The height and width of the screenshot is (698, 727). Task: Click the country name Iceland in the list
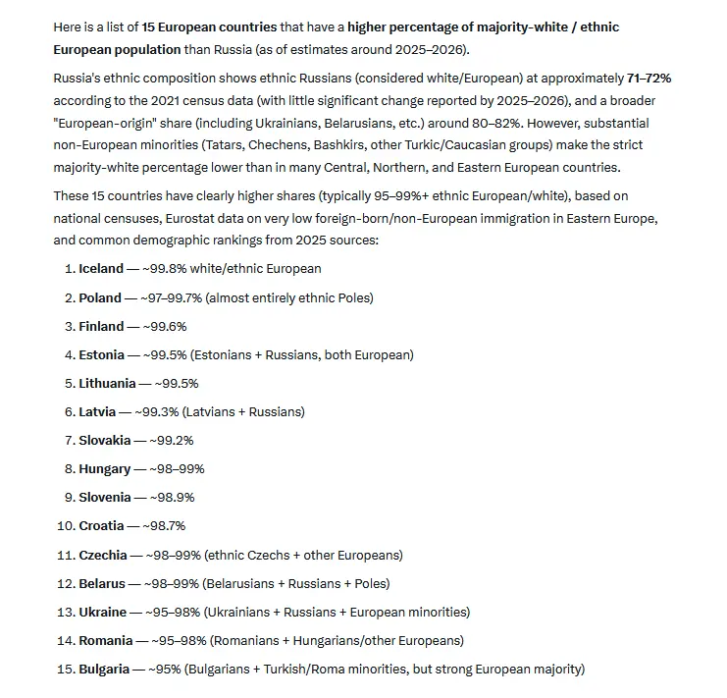[101, 268]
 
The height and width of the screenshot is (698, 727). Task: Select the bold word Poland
[100, 297]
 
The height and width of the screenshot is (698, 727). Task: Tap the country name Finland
[101, 326]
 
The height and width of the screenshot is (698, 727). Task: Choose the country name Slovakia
[105, 440]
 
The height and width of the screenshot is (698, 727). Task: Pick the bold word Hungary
[104, 469]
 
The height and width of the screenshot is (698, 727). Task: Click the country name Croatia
[102, 526]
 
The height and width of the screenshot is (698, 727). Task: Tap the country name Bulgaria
[104, 669]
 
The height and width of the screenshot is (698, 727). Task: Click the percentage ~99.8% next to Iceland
[168, 268]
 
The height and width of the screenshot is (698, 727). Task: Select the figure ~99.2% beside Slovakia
[173, 440]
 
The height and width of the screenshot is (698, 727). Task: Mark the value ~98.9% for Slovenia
[174, 498]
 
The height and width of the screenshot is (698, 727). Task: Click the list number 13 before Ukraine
[64, 612]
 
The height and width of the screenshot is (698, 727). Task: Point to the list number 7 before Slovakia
[69, 440]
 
